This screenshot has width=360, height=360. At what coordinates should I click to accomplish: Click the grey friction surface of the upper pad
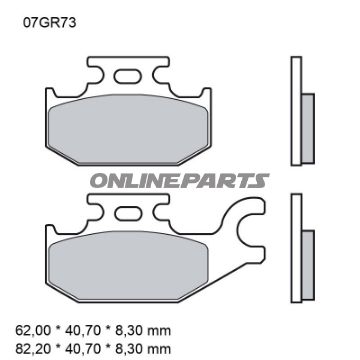[124, 126]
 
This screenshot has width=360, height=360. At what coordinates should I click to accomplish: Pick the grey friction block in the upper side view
[307, 118]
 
